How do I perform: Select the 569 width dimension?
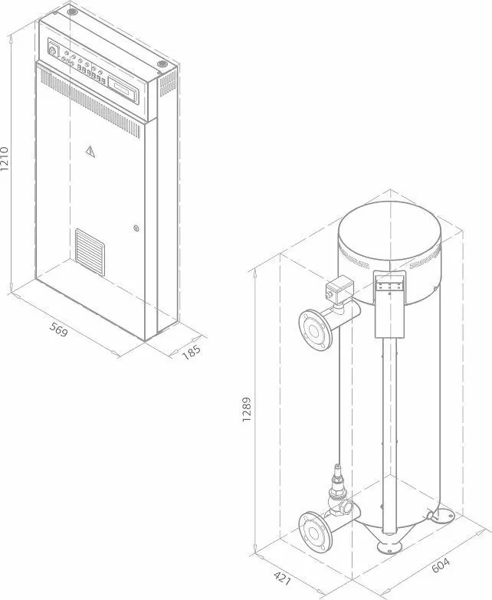[x=59, y=330]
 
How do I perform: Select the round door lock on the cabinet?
[x=136, y=228]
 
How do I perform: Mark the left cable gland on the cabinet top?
[x=72, y=13]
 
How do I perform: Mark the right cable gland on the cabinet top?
[x=162, y=64]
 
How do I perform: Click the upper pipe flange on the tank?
[x=313, y=328]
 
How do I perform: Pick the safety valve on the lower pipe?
[x=336, y=485]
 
